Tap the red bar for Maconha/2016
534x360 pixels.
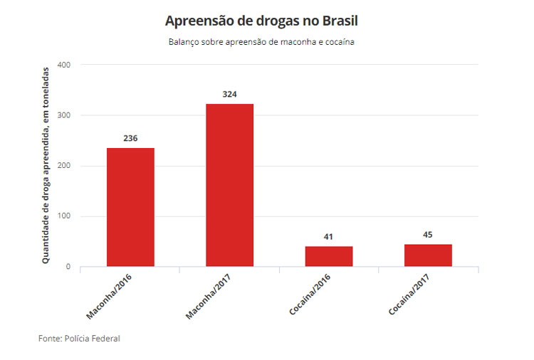pyautogui.click(x=130, y=207)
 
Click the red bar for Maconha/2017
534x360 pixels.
pyautogui.click(x=229, y=185)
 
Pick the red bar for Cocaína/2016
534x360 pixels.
pyautogui.click(x=329, y=256)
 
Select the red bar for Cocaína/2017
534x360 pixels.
pyautogui.click(x=428, y=255)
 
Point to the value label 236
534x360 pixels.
pyautogui.click(x=130, y=138)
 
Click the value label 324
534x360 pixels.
pyautogui.click(x=229, y=94)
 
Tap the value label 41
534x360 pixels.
pyautogui.click(x=329, y=236)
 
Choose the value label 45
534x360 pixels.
pyautogui.click(x=428, y=234)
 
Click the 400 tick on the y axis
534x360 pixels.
pyautogui.click(x=64, y=65)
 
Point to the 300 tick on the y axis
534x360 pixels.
pyautogui.click(x=64, y=115)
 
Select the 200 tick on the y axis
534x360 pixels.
pyautogui.click(x=64, y=166)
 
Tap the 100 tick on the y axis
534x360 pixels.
pyautogui.click(x=64, y=216)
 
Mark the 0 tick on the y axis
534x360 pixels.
pyautogui.click(x=68, y=267)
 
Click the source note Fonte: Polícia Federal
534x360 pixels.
pyautogui.click(x=79, y=338)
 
